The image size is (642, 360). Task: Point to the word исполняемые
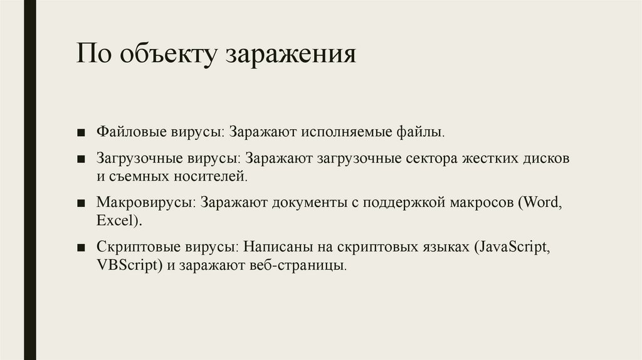[x=340, y=133]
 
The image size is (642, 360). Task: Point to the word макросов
[x=483, y=203]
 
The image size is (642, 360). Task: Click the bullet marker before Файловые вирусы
[x=82, y=134]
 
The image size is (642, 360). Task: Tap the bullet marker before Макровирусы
[x=82, y=203]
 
